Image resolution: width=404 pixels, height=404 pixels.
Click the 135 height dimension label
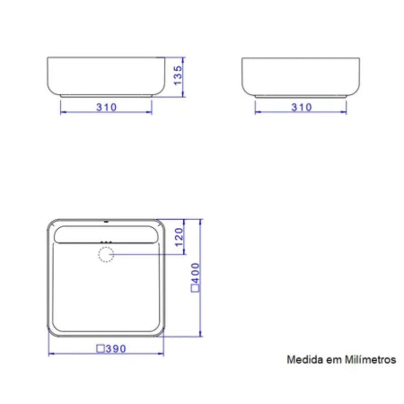178,75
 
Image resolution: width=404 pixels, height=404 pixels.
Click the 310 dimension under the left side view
107,107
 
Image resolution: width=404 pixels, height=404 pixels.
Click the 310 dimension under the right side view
301,107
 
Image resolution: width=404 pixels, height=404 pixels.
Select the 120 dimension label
179,237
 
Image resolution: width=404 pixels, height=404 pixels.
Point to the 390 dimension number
116,349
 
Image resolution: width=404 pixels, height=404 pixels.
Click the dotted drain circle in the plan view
106,255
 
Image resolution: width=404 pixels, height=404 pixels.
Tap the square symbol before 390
100,348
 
